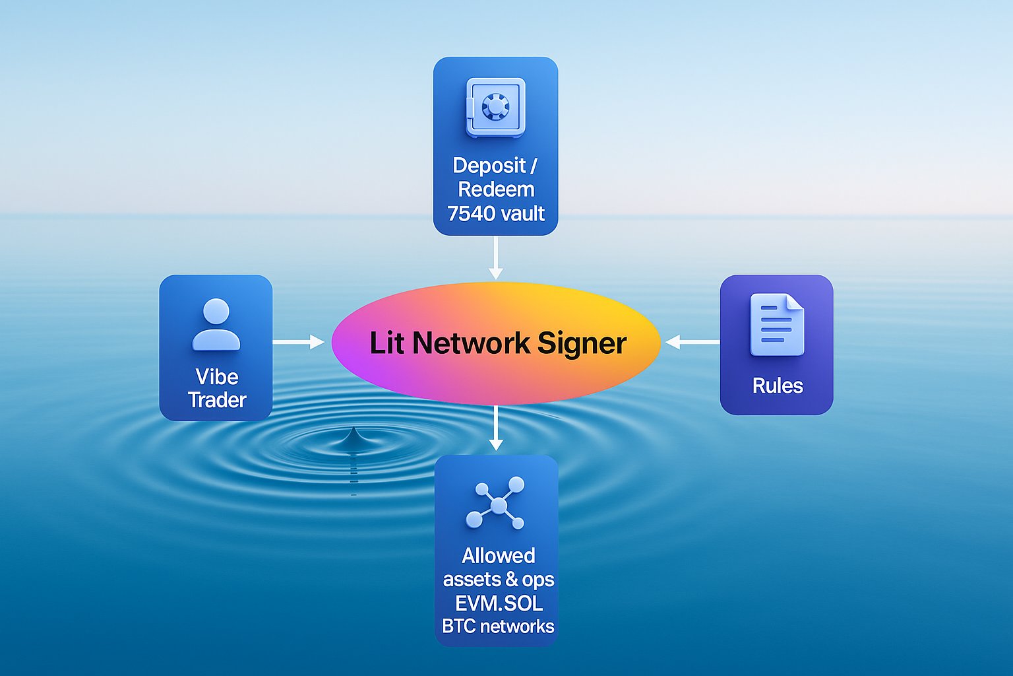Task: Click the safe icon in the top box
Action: coord(496,108)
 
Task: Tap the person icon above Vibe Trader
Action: coord(216,324)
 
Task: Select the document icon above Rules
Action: coord(777,324)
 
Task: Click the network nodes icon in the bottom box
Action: coord(496,502)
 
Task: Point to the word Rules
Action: coord(778,386)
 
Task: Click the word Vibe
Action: coord(216,377)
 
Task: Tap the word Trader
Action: coord(217,400)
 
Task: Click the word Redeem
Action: coord(496,189)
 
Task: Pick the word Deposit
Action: coord(489,166)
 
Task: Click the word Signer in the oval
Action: coord(582,343)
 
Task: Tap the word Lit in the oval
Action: coord(388,343)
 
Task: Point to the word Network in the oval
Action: coord(472,343)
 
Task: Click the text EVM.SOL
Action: coord(499,603)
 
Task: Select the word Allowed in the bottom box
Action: coord(499,556)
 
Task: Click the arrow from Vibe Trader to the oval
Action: coord(299,342)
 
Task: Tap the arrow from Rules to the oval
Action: coord(692,342)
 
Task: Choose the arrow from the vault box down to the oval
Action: coord(496,258)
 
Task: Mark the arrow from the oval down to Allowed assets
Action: coord(496,428)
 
